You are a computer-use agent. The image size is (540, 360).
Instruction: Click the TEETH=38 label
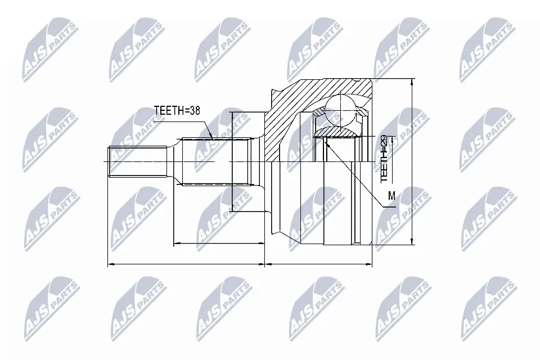[x=177, y=111]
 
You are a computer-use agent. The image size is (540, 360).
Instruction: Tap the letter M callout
[x=391, y=196]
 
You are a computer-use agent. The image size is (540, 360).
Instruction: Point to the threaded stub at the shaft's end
[x=137, y=162]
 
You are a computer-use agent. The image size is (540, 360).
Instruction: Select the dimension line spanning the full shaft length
[x=186, y=263]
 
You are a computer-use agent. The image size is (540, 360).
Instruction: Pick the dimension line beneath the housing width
[x=318, y=263]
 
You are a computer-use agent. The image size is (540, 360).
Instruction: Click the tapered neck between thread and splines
[x=174, y=162]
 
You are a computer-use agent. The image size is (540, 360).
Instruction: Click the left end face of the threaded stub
[x=108, y=162]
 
